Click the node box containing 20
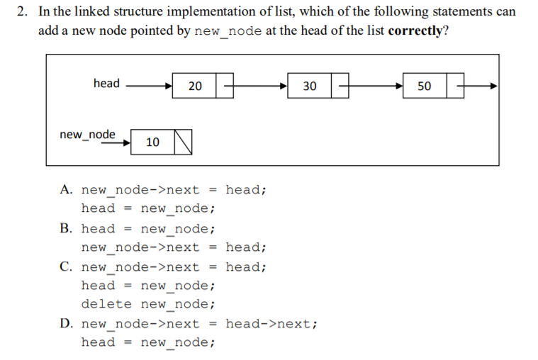point(195,86)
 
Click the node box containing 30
point(310,86)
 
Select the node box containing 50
point(424,86)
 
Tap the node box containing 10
point(152,142)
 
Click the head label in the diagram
point(106,84)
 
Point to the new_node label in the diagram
point(87,134)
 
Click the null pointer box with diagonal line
point(183,142)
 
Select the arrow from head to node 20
point(147,86)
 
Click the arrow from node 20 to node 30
point(259,86)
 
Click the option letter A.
point(66,190)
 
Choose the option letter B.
point(66,228)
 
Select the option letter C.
point(66,267)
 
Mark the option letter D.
point(66,324)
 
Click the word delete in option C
point(106,304)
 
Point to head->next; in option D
point(271,324)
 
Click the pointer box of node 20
point(225,86)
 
